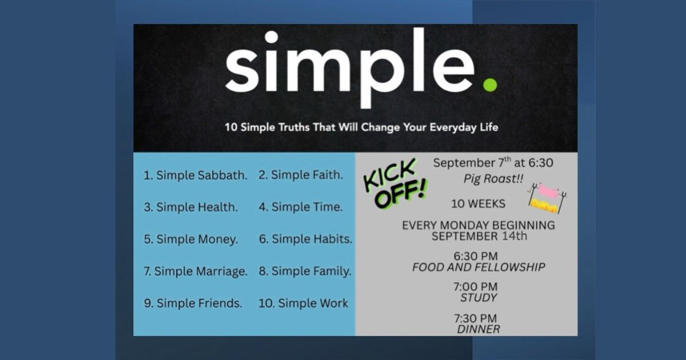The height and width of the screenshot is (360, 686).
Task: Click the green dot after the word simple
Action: (x=490, y=85)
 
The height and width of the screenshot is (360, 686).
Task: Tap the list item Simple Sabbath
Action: (x=196, y=175)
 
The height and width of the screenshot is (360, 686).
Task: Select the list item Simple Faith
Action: (x=301, y=175)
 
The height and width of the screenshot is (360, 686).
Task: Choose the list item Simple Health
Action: (x=191, y=207)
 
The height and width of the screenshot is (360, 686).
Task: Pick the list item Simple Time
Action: (x=301, y=207)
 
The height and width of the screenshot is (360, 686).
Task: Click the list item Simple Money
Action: (x=191, y=239)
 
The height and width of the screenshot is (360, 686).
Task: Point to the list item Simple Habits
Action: (x=306, y=239)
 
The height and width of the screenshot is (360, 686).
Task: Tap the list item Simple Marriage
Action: (x=196, y=271)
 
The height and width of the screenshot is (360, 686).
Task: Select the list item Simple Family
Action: (x=305, y=271)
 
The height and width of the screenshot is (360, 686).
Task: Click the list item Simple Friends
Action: (x=193, y=303)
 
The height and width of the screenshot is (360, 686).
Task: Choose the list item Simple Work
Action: (x=303, y=303)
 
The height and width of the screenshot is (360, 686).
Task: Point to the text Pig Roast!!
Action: (x=493, y=179)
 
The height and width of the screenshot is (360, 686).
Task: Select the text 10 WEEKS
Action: (x=478, y=204)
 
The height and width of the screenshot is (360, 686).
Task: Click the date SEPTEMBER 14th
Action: (x=479, y=237)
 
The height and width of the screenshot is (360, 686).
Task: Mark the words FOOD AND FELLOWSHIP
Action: (x=478, y=267)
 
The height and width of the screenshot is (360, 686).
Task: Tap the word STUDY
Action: (x=478, y=298)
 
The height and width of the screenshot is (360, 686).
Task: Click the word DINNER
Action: (x=478, y=329)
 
